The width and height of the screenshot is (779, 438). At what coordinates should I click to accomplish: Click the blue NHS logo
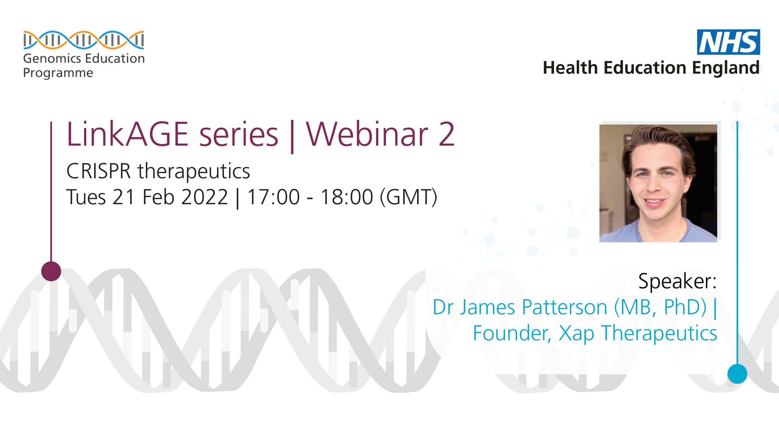728,42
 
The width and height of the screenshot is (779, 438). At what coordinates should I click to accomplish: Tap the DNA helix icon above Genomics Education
83,40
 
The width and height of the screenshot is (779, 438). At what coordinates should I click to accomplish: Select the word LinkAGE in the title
127,134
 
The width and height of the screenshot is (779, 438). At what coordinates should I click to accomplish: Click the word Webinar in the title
367,134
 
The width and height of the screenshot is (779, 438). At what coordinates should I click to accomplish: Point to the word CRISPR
98,171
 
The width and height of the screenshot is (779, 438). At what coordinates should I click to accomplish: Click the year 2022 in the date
204,197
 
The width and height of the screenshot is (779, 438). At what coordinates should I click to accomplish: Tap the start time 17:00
273,197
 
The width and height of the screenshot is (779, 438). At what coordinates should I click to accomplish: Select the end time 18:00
347,197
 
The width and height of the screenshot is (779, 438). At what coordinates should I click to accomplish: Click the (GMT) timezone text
409,197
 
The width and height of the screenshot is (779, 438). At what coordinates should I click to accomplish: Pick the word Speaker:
677,281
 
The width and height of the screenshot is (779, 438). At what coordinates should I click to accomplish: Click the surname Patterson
564,307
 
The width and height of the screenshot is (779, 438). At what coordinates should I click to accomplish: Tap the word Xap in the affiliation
576,334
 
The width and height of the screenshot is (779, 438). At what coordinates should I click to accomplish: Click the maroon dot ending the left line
51,271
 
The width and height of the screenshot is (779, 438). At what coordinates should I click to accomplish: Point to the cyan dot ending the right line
737,374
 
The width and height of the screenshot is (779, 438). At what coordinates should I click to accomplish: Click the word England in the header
726,68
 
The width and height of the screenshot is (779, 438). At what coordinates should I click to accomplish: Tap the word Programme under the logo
58,73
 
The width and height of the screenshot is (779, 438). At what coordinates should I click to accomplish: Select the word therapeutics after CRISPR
194,171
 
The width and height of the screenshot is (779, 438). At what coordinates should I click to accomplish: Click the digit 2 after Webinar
447,134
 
